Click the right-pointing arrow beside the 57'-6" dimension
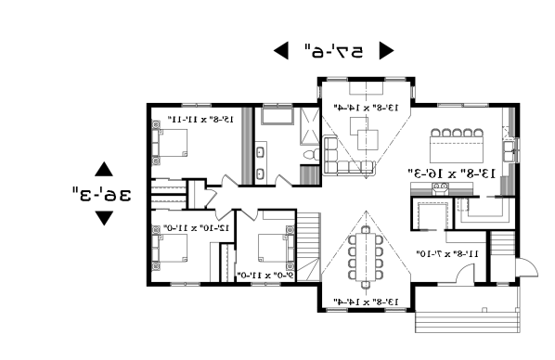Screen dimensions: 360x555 click(x=386, y=51)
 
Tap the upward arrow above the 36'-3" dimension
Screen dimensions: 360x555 click(x=104, y=170)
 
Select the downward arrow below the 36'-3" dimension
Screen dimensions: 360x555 click(x=104, y=218)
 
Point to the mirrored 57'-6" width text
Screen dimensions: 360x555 click(x=333, y=51)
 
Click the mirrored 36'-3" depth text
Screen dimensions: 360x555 click(x=102, y=194)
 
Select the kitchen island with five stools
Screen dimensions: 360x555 click(x=455, y=146)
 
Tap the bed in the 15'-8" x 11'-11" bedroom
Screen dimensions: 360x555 click(x=174, y=143)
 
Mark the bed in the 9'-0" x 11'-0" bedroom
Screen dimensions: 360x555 click(x=271, y=249)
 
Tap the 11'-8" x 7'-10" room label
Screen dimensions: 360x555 click(x=447, y=252)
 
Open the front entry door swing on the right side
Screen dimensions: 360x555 click(x=526, y=266)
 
